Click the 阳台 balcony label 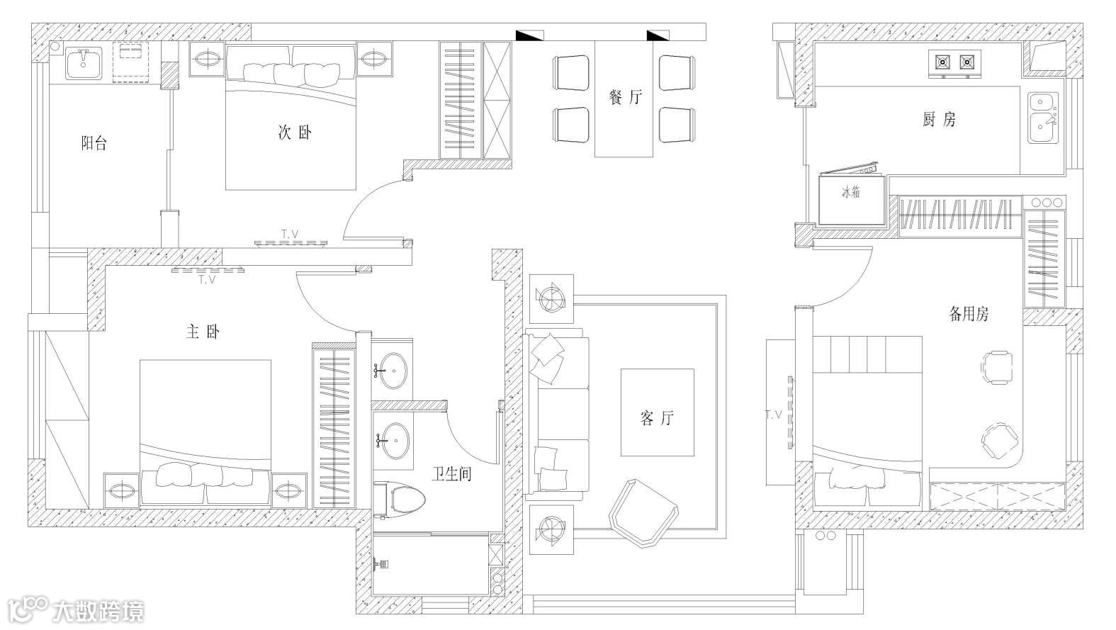click(x=94, y=144)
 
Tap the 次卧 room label click(x=294, y=133)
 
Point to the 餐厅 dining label click(x=625, y=97)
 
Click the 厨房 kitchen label click(x=939, y=120)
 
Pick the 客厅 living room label click(x=657, y=418)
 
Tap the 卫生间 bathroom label click(x=452, y=473)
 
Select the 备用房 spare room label click(x=969, y=314)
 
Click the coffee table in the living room click(x=657, y=412)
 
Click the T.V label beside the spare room click(x=773, y=415)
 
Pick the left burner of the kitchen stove click(x=942, y=62)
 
